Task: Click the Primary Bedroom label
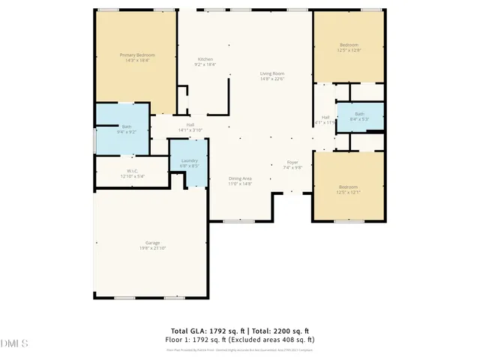pos(136,54)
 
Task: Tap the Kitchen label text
pos(205,59)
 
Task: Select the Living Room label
pos(271,73)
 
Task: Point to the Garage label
pos(152,242)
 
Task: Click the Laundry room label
pos(189,160)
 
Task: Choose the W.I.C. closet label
pos(131,171)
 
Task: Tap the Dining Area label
pos(240,178)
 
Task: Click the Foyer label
pos(292,162)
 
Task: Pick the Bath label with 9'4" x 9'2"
pos(127,127)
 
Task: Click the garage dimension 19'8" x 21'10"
pos(152,247)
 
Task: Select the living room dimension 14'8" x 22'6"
pos(271,78)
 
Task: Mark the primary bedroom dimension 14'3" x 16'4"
pos(136,59)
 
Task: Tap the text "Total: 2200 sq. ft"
pos(281,331)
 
